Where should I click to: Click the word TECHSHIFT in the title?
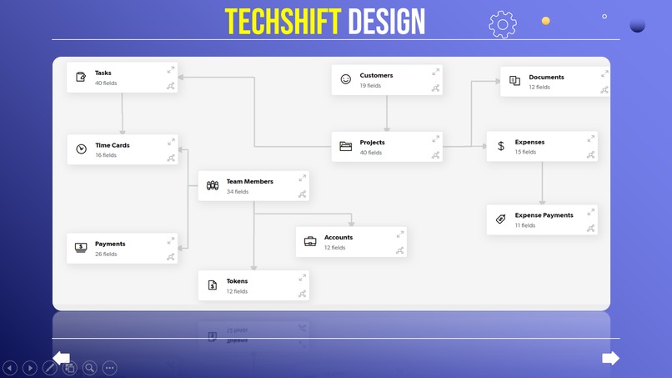tap(283, 21)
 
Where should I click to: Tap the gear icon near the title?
tap(503, 24)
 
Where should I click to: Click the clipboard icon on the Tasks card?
tap(81, 77)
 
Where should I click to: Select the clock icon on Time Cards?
tap(81, 149)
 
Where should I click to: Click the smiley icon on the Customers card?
tap(346, 79)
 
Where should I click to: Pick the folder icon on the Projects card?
tap(346, 147)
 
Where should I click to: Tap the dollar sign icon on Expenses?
tap(501, 146)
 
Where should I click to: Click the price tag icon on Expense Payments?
tap(500, 219)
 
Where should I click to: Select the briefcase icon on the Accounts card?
tap(310, 241)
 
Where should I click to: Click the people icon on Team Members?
tap(213, 185)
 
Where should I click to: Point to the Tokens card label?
tap(237, 281)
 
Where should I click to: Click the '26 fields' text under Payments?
tap(106, 255)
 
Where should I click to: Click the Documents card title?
tap(546, 77)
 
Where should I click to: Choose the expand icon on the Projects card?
tap(435, 139)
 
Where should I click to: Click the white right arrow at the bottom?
tap(610, 358)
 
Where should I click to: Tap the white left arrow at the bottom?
tap(62, 357)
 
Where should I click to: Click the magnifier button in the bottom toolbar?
tap(89, 367)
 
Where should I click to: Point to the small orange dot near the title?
tap(545, 21)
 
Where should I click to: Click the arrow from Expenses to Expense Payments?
tap(542, 184)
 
